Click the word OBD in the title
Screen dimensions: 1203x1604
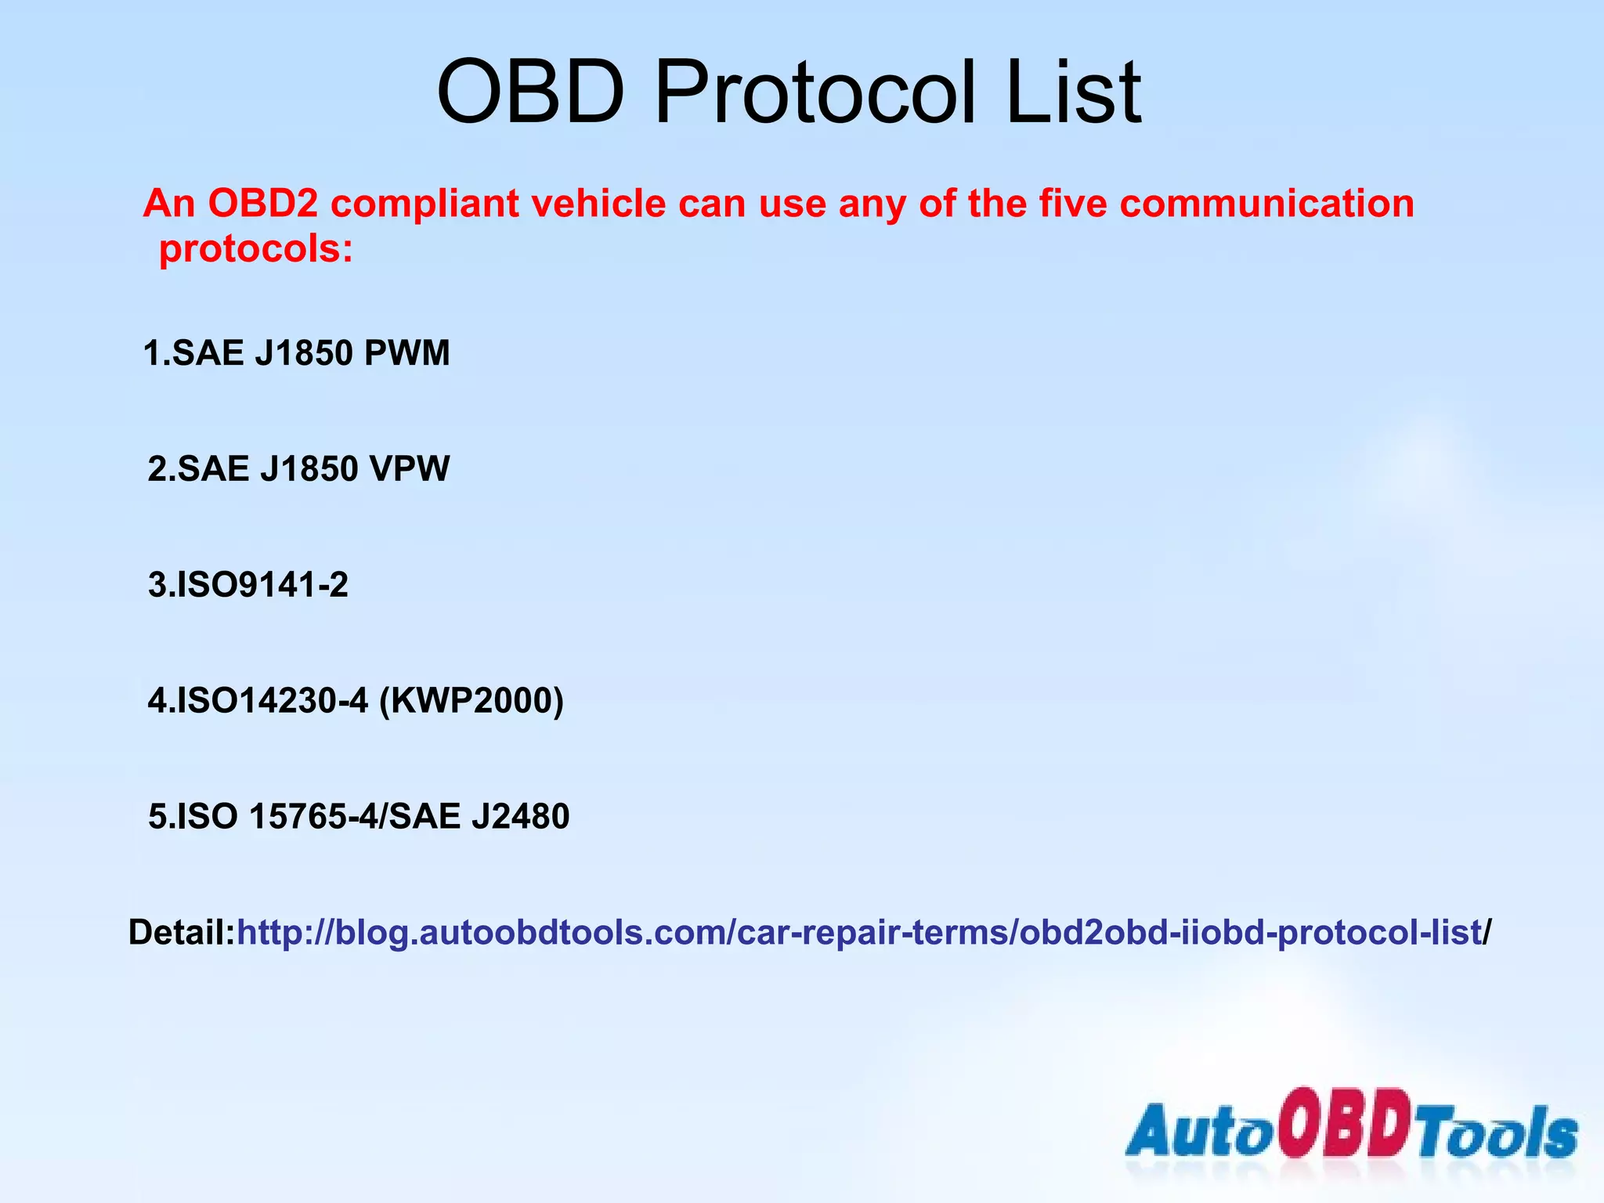tap(530, 92)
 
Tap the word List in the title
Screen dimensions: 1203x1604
tap(1074, 92)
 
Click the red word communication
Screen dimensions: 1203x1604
tap(1266, 204)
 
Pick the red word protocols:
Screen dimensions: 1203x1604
tap(256, 250)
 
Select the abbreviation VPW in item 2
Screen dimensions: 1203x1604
tap(409, 469)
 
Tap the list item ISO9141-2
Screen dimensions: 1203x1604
tap(248, 585)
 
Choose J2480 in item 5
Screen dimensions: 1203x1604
tap(520, 817)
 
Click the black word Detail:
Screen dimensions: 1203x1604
tap(182, 933)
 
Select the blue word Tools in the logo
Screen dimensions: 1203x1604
tap(1499, 1133)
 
